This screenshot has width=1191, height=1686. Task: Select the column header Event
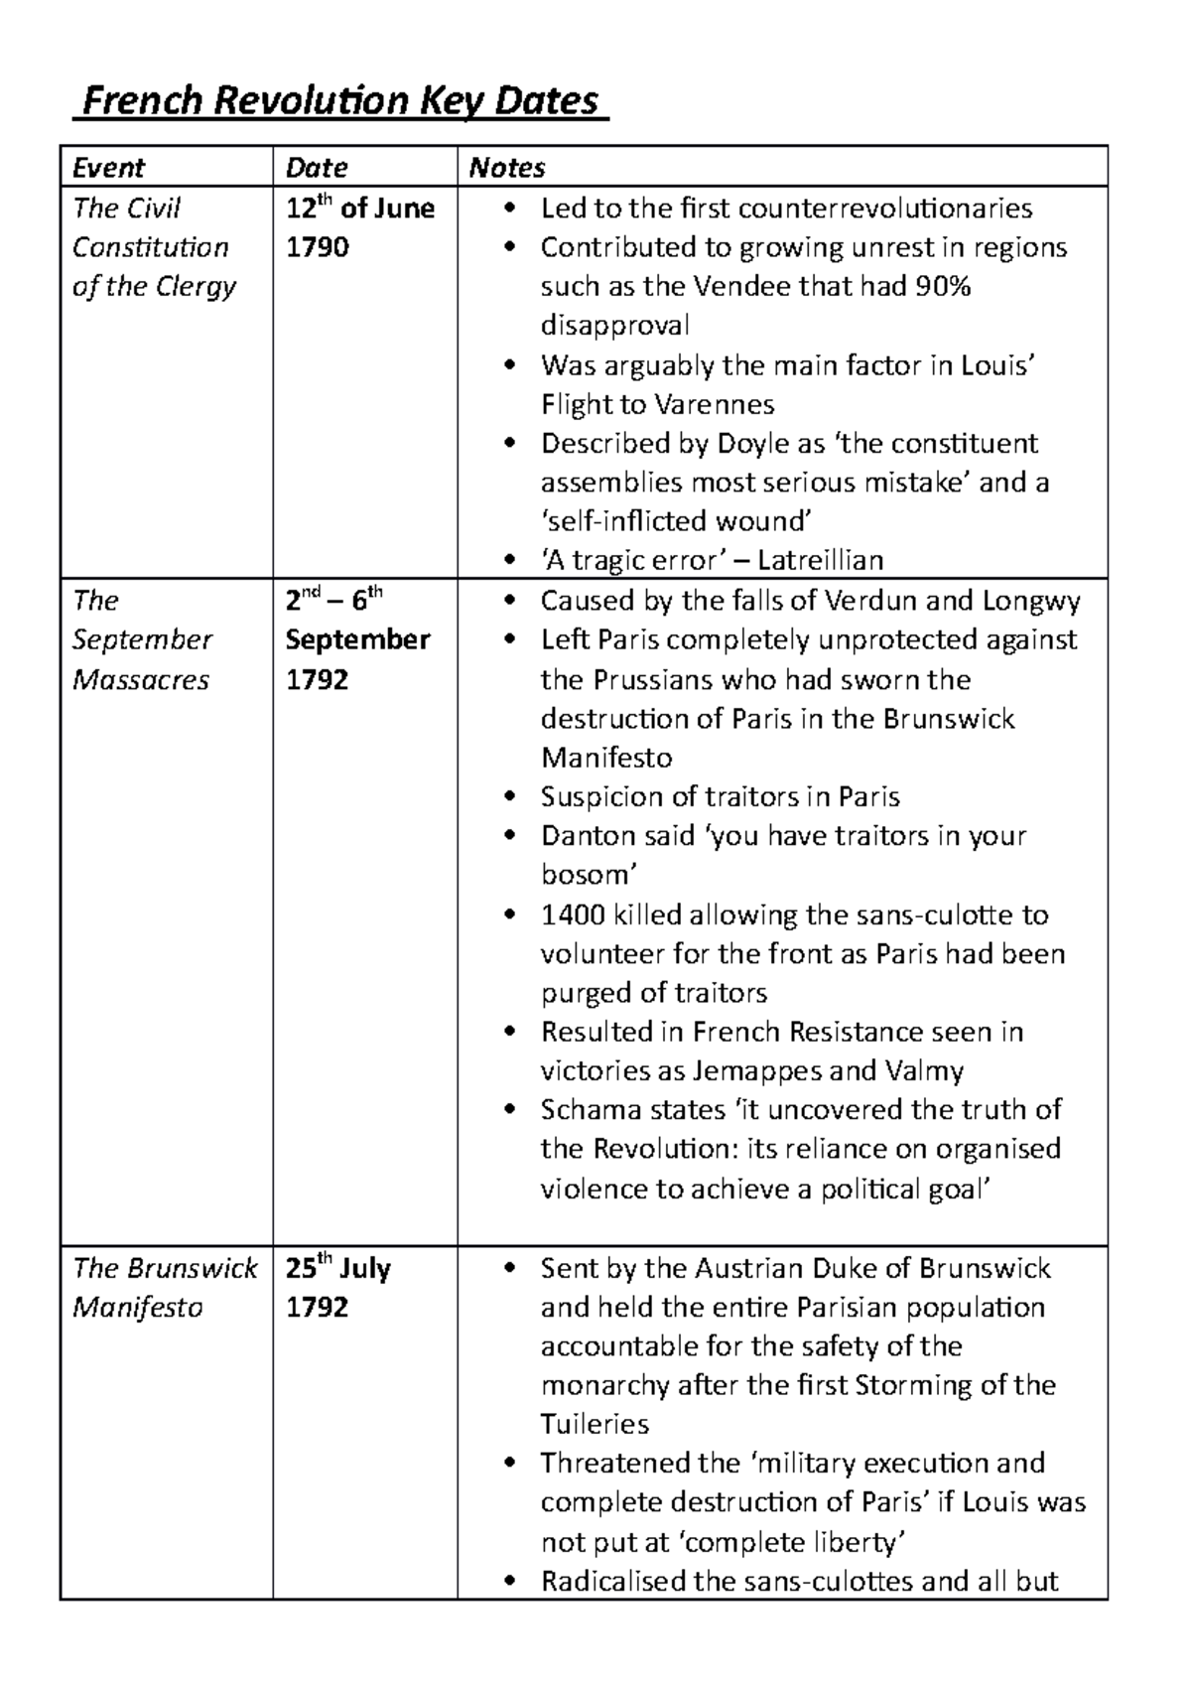pyautogui.click(x=108, y=167)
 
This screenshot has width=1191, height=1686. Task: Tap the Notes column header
pyautogui.click(x=506, y=167)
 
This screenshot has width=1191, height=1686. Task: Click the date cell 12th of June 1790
pyautogui.click(x=359, y=227)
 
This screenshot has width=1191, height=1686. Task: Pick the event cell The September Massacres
pyautogui.click(x=141, y=639)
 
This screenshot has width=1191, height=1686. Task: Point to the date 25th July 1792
pyautogui.click(x=337, y=1287)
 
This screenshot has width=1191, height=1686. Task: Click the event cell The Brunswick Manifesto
pyautogui.click(x=164, y=1287)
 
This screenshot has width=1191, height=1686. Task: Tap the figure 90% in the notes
pyautogui.click(x=944, y=286)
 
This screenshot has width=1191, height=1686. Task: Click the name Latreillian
pyautogui.click(x=820, y=560)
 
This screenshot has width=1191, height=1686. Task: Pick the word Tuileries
pyautogui.click(x=595, y=1424)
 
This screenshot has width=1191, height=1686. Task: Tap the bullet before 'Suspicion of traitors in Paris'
pyautogui.click(x=510, y=797)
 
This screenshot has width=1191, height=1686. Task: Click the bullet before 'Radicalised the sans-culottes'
pyautogui.click(x=510, y=1581)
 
